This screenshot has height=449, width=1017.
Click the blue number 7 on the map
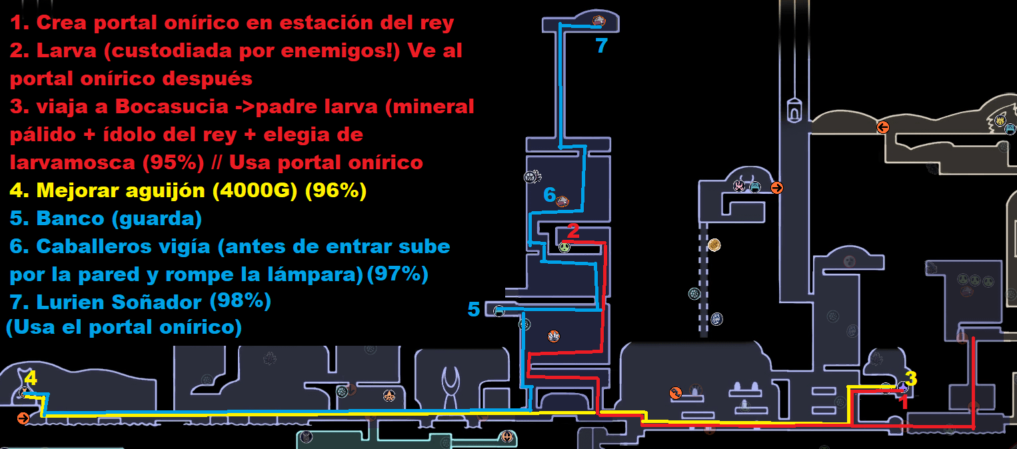tap(601, 46)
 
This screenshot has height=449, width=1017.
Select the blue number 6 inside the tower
tap(549, 195)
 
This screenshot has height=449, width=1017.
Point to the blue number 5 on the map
tap(474, 309)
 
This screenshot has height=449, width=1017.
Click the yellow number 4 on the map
tap(31, 379)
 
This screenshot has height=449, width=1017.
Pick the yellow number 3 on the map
tap(911, 378)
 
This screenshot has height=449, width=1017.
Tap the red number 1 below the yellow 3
tap(904, 402)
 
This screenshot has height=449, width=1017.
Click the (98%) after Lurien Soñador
tap(240, 301)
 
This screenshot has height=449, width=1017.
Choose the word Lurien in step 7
tap(67, 302)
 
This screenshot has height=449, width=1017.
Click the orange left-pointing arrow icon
tap(883, 127)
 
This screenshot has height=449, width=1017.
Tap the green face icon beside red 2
tap(564, 248)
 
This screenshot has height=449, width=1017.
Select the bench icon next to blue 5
tap(499, 310)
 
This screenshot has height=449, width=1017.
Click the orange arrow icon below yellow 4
tap(23, 418)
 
